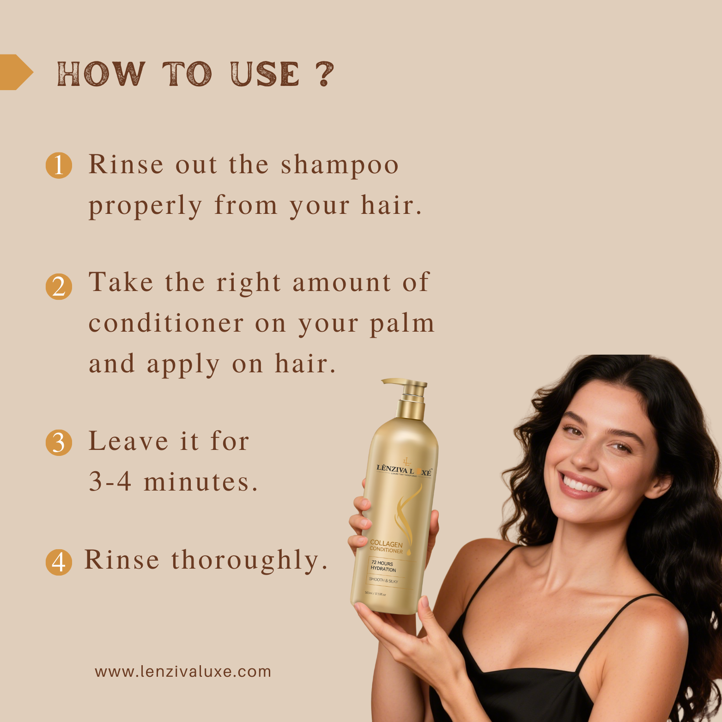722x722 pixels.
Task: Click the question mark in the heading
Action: pyautogui.click(x=325, y=74)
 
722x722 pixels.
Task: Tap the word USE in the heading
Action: pyautogui.click(x=265, y=74)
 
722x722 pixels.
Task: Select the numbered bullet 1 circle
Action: pyautogui.click(x=59, y=165)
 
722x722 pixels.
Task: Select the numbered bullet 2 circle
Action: pyautogui.click(x=59, y=287)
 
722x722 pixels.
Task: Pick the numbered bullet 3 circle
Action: pyautogui.click(x=59, y=443)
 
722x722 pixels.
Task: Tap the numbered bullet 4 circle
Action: pyautogui.click(x=59, y=562)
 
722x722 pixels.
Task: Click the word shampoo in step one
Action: pyautogui.click(x=340, y=165)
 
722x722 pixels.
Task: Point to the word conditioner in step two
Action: pyautogui.click(x=166, y=323)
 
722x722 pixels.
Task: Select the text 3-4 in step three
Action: pyautogui.click(x=110, y=482)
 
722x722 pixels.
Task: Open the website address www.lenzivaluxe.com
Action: pyautogui.click(x=183, y=672)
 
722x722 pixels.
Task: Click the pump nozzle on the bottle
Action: pyautogui.click(x=397, y=383)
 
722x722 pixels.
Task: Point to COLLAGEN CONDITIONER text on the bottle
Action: pyautogui.click(x=386, y=547)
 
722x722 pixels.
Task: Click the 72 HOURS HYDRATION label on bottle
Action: pyautogui.click(x=383, y=566)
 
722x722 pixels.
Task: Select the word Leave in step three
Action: pyautogui.click(x=128, y=441)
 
